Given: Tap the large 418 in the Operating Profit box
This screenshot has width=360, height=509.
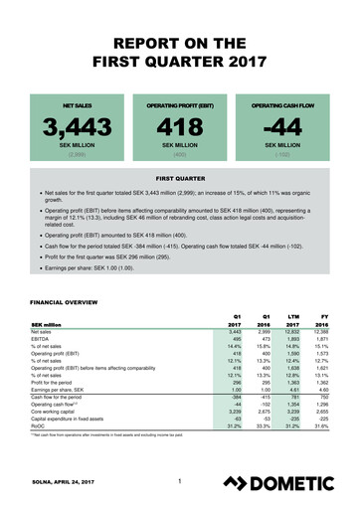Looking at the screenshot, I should tap(180, 126).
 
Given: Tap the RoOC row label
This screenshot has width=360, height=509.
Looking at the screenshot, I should tap(43, 428).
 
